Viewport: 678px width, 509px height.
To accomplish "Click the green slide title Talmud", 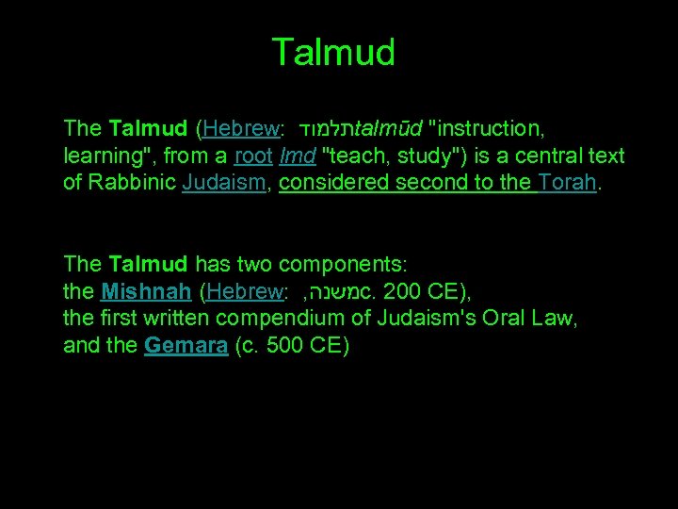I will click(x=333, y=52).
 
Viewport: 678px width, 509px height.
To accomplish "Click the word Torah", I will click(x=568, y=183).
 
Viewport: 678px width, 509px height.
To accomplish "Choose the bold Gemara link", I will click(x=186, y=346).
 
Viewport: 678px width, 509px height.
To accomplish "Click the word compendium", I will click(x=299, y=319).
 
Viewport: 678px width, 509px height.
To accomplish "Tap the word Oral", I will click(x=508, y=319).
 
